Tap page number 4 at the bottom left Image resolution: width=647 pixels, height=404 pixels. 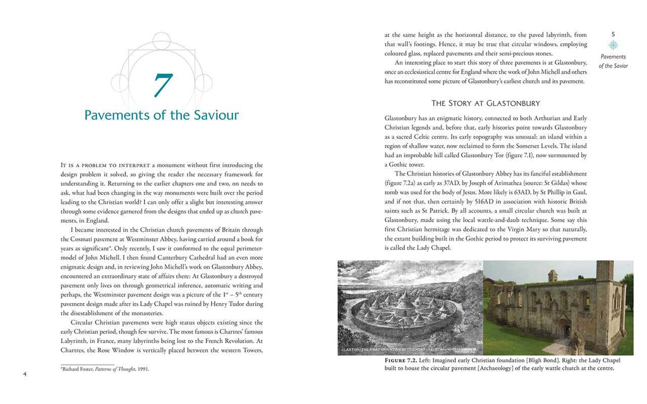25,374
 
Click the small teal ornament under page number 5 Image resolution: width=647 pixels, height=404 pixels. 613,45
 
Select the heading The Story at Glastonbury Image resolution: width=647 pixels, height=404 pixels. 485,103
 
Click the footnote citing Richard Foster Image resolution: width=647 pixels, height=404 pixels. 105,369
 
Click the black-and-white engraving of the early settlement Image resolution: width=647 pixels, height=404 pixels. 410,307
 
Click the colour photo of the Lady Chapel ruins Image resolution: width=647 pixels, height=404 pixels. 558,307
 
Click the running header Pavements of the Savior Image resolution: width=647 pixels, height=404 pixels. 613,61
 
